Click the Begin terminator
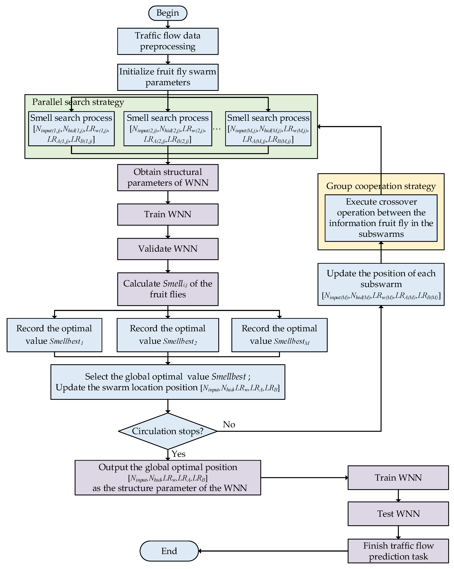[168, 13]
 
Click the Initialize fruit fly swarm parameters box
[168, 77]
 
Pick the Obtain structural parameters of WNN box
[168, 177]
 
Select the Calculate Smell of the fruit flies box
[168, 289]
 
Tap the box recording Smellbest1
[54, 335]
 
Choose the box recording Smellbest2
[168, 335]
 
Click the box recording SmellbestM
[279, 335]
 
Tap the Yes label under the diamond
[179, 454]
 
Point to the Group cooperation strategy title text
[381, 186]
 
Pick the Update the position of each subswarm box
[381, 284]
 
